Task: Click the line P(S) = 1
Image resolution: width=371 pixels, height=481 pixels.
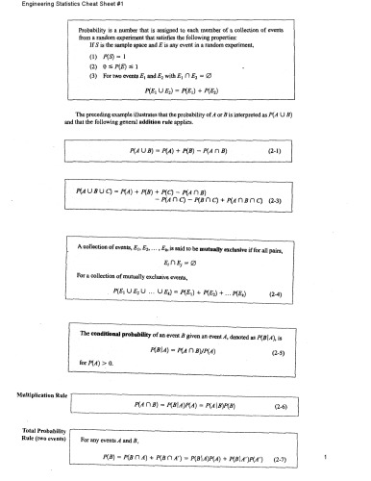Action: point(124,57)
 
